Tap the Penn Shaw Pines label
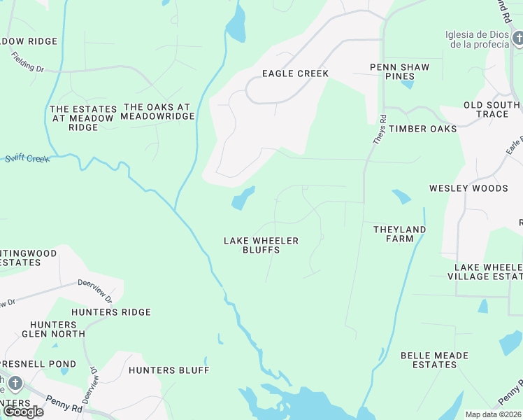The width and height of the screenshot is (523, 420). (x=399, y=72)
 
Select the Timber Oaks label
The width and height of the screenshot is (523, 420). (x=422, y=129)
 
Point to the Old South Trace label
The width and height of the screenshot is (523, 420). (x=492, y=110)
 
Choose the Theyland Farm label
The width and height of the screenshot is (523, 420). (x=399, y=234)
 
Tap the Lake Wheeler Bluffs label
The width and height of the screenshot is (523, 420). (x=261, y=245)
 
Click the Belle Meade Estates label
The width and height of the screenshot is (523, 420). (x=434, y=360)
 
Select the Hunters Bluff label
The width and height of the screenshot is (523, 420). (x=169, y=370)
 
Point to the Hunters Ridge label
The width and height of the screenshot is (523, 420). (x=111, y=312)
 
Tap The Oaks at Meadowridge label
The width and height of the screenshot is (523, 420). (x=157, y=111)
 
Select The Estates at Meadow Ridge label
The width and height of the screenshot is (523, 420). (x=83, y=118)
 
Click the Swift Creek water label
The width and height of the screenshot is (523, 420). (x=27, y=159)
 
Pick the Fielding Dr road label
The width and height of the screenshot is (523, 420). (x=27, y=67)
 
